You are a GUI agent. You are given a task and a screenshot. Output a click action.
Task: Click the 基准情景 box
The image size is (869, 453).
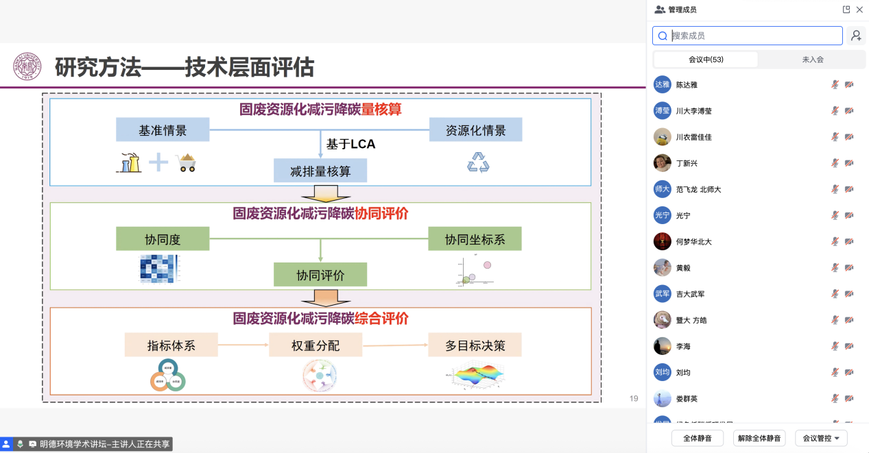[162, 130]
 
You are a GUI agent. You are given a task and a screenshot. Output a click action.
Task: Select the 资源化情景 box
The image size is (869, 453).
[475, 130]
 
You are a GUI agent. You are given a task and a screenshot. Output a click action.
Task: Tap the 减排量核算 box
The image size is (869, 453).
[320, 171]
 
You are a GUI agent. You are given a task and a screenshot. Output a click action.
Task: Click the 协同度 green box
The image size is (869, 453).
[162, 238]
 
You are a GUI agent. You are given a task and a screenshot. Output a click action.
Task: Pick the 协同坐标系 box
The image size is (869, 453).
[475, 238]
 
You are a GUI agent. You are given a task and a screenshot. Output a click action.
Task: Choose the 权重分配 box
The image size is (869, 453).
[315, 345]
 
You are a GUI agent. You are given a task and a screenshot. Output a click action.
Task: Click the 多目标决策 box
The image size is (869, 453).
[475, 345]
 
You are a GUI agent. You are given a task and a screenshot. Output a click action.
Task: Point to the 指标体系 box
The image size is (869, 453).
[171, 345]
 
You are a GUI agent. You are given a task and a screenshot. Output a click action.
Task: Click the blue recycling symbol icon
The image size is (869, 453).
[478, 162]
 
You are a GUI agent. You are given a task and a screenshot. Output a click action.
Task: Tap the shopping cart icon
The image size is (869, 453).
[186, 162]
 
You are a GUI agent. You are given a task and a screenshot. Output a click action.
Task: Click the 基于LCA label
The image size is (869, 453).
[350, 145]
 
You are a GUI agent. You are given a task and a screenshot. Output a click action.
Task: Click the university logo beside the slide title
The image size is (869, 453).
[27, 66]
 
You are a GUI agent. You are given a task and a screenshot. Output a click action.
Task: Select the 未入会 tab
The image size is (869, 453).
[812, 60]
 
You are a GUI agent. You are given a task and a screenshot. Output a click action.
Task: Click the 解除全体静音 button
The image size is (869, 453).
[759, 438]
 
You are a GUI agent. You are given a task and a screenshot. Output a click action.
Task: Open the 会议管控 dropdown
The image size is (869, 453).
[821, 438]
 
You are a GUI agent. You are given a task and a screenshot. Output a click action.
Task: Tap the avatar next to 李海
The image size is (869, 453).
[662, 346]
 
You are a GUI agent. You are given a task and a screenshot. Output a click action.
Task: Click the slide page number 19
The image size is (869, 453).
[634, 398]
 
